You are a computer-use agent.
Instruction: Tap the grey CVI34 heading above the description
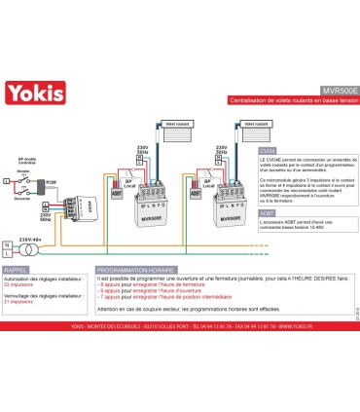point(270,151)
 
